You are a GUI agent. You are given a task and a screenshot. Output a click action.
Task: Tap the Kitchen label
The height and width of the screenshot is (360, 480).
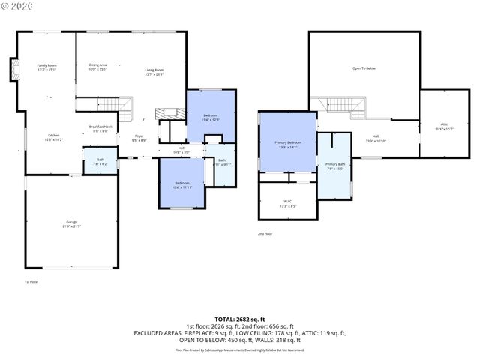tap(54, 137)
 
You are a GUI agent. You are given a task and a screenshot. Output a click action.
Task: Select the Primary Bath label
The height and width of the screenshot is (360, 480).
tap(334, 166)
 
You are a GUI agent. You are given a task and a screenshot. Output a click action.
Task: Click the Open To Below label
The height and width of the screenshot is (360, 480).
tap(364, 68)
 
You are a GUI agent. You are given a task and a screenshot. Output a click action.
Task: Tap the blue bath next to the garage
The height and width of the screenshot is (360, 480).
tap(100, 161)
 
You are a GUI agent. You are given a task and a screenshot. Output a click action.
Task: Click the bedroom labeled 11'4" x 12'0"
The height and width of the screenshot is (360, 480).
tap(210, 118)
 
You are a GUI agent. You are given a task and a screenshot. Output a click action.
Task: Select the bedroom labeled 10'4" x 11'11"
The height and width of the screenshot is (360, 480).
tap(183, 185)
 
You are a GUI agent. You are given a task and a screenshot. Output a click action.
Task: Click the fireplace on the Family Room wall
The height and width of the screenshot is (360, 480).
tap(13, 70)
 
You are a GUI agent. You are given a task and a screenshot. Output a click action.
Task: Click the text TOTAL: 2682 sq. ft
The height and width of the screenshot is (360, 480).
tap(240, 319)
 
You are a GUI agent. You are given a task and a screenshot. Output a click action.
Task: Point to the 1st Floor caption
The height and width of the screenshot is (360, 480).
tap(31, 282)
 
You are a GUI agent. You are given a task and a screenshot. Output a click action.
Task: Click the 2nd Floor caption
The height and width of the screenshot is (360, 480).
tap(265, 234)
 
